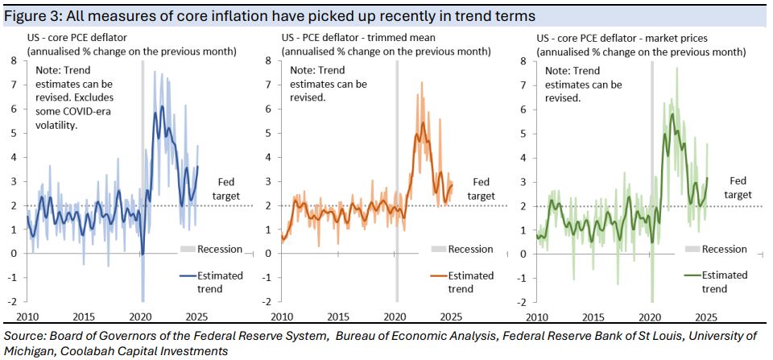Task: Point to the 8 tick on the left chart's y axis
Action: click(x=14, y=61)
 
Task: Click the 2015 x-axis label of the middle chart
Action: click(x=338, y=317)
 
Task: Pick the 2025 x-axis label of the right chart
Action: click(x=707, y=317)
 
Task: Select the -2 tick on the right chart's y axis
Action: click(x=524, y=301)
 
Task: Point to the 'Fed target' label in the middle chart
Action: click(x=482, y=188)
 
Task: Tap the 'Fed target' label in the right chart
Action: click(x=737, y=188)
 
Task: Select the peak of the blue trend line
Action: click(x=163, y=106)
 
